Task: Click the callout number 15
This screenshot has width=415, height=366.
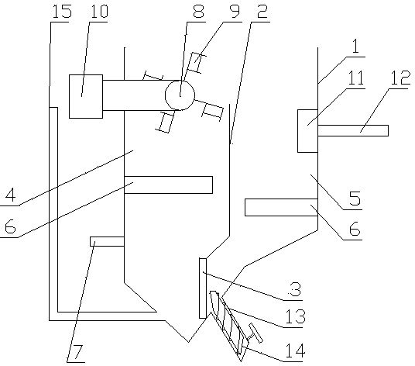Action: (x=62, y=12)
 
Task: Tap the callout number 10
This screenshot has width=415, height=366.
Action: (x=99, y=12)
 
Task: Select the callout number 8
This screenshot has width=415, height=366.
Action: (x=199, y=12)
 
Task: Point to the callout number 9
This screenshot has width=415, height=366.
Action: (x=235, y=12)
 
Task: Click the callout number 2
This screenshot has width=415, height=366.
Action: (x=262, y=12)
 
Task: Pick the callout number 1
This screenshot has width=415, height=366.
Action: (x=355, y=47)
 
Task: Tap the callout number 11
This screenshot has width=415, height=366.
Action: (x=356, y=78)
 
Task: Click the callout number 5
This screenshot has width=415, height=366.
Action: (x=355, y=199)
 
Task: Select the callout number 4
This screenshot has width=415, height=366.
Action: (x=11, y=195)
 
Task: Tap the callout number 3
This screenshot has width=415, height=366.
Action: (x=295, y=289)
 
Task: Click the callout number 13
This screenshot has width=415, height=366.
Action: (x=295, y=316)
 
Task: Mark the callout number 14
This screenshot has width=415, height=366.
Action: (x=295, y=350)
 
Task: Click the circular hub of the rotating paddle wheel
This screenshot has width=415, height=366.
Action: (x=180, y=95)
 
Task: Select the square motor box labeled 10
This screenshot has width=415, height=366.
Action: (x=86, y=96)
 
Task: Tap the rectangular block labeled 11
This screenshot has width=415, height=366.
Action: (x=307, y=131)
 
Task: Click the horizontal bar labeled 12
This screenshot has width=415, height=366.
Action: (x=353, y=130)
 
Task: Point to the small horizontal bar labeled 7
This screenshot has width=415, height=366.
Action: (x=107, y=241)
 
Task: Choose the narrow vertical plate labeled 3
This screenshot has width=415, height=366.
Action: (x=203, y=288)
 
